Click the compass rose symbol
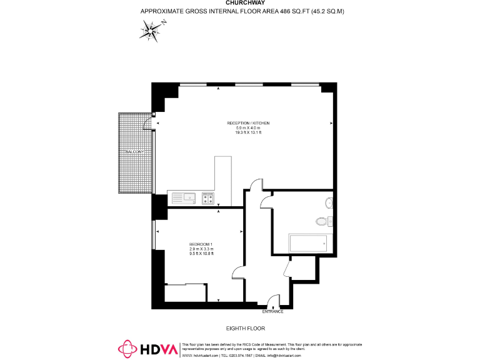coord(151,29)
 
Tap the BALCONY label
coord(134,152)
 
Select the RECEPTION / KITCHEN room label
coord(248,123)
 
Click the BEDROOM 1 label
coord(201,244)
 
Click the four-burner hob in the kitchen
coord(208,199)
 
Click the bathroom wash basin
coord(329,202)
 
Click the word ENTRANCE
coord(272,311)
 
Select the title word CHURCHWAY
coord(240,2)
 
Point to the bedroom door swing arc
coord(237,274)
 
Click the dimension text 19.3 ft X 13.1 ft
coord(248,132)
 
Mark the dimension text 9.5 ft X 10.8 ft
coord(201,253)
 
